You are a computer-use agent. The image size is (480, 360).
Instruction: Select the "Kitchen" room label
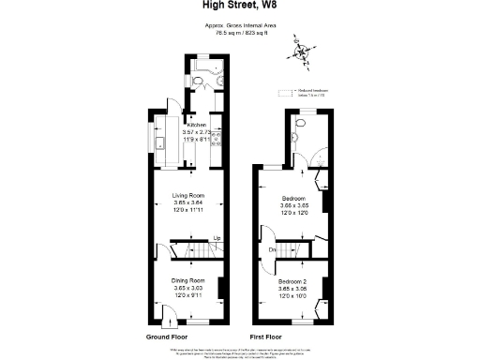[x=196, y=125]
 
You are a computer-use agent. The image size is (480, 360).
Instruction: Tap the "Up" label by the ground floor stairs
[x=217, y=238]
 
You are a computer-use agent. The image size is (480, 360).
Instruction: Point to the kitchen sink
[x=160, y=145]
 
